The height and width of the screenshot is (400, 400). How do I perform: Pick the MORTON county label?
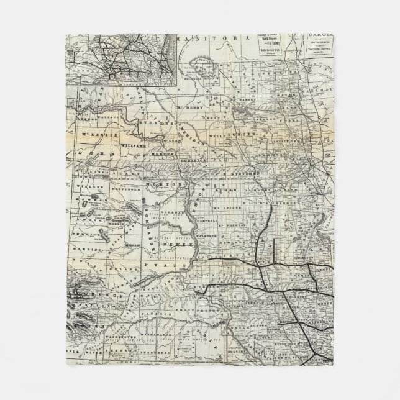pos(159,185)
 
